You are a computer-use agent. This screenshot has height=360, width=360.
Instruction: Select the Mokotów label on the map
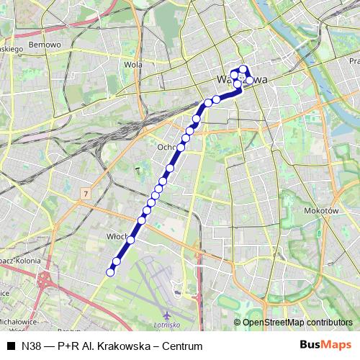coord(325,211)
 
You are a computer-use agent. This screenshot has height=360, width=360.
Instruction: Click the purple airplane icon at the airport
coord(167,315)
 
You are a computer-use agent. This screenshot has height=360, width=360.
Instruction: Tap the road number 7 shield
coord(86,194)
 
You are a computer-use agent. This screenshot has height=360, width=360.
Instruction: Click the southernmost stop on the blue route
coord(111,271)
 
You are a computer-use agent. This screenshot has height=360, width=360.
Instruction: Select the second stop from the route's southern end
coord(117,261)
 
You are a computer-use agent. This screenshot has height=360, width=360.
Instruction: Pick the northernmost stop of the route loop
coord(243,69)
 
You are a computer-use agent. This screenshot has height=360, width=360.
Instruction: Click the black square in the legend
coord(10,346)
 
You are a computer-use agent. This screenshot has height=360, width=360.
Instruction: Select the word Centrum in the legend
coord(181,346)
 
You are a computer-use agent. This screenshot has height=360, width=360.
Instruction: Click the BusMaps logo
coord(327,346)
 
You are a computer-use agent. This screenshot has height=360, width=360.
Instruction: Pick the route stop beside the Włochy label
coord(132,239)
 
